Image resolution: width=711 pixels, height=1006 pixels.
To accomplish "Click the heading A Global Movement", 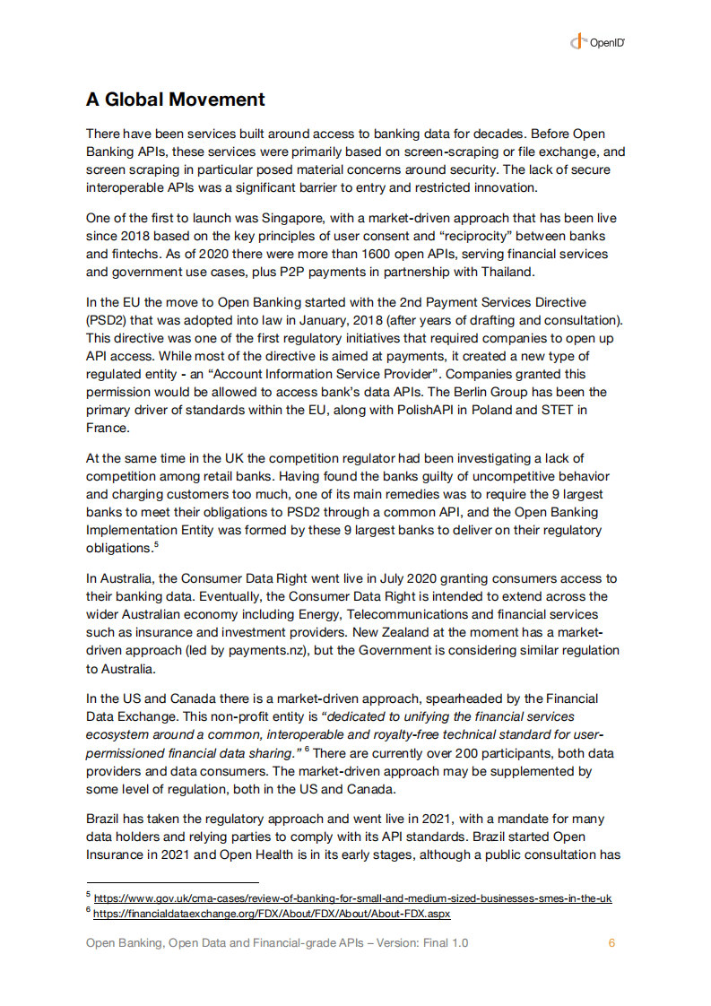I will tap(175, 100).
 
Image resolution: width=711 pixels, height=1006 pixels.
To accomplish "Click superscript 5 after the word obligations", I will tap(155, 544).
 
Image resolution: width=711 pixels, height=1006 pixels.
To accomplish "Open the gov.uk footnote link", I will tap(352, 898).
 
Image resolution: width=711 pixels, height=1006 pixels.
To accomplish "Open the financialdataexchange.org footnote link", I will tap(272, 914).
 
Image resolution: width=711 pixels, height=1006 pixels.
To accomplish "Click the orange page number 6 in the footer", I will tap(611, 943).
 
